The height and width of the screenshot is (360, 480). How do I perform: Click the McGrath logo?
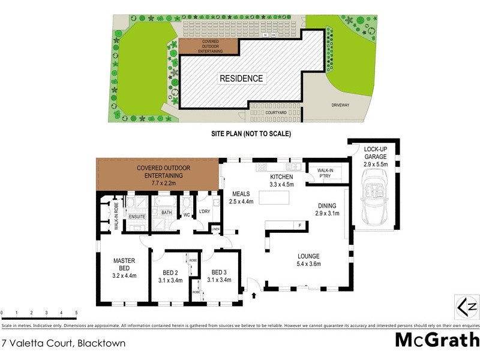436,340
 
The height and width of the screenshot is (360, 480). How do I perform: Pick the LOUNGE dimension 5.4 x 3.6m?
310,263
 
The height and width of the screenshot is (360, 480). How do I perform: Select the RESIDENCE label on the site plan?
241,79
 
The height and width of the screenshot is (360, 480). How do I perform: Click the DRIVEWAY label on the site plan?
340,106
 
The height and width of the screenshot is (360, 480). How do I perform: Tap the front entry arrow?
253,295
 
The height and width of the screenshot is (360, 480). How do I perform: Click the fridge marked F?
299,226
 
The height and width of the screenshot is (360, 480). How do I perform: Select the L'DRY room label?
205,211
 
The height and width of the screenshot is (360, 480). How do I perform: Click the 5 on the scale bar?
76,313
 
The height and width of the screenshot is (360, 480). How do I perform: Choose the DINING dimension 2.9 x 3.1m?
328,213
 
